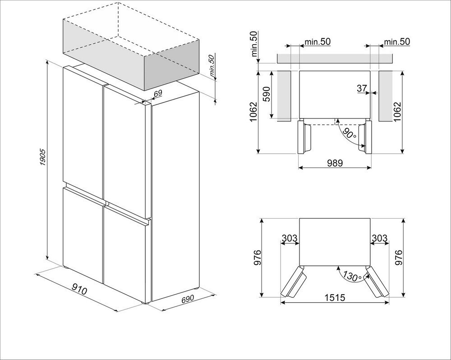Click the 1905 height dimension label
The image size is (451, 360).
click(42, 157)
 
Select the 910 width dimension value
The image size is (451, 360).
click(79, 289)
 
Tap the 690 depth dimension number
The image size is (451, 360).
click(188, 299)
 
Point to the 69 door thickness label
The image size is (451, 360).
click(158, 93)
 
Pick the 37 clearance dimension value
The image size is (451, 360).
click(362, 88)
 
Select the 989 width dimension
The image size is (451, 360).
click(335, 163)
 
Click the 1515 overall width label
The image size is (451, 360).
click(335, 297)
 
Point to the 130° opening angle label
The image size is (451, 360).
click(352, 276)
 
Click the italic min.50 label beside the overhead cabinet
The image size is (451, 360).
click(212, 66)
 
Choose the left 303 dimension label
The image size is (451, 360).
click(289, 238)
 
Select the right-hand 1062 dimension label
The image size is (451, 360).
click(397, 112)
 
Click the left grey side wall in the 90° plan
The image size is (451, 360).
click(284, 96)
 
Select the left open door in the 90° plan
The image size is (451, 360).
click(304, 137)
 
